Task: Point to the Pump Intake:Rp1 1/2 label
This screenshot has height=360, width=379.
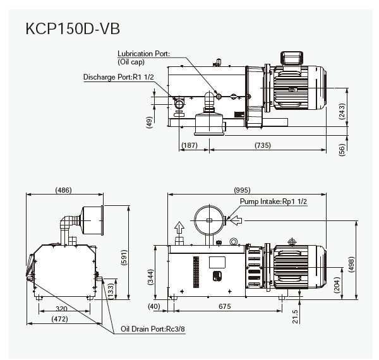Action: [274, 201]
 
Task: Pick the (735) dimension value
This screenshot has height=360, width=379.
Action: [263, 145]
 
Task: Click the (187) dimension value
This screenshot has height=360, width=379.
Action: [189, 145]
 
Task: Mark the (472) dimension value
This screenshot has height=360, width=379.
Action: [61, 320]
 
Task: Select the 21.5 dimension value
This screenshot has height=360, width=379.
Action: [295, 315]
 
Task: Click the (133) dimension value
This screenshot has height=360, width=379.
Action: [111, 290]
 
